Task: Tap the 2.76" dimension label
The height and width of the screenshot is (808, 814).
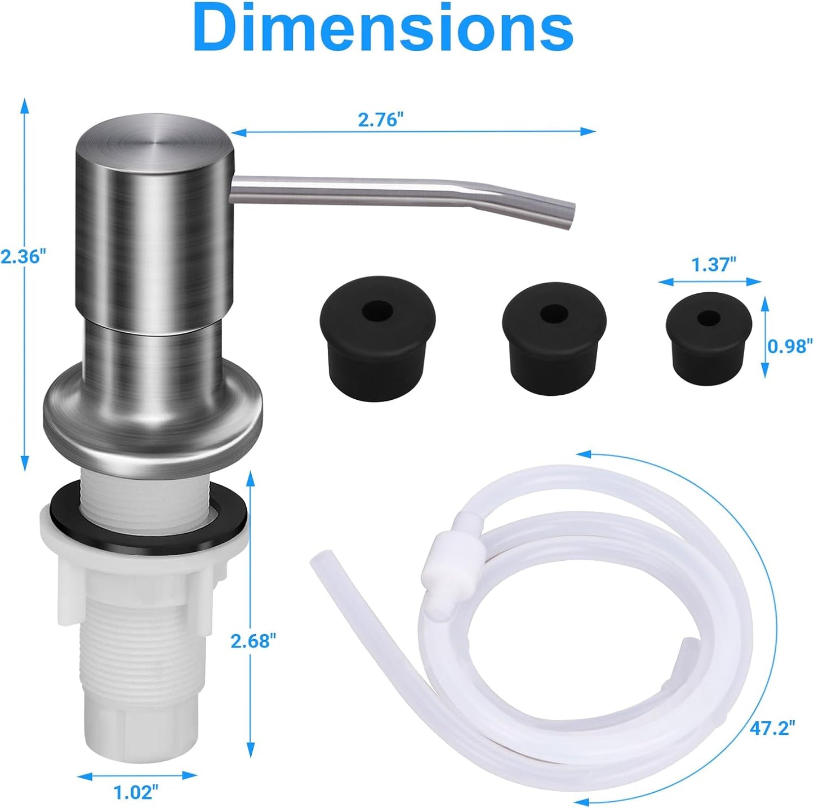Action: (x=381, y=120)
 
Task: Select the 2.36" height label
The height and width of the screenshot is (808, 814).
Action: (x=22, y=257)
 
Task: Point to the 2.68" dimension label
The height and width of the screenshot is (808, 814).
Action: (x=253, y=640)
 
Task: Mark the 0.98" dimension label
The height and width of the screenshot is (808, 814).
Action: (x=790, y=345)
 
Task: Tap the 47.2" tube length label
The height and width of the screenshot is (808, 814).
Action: (x=772, y=727)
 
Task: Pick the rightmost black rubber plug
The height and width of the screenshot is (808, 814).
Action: (x=708, y=337)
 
